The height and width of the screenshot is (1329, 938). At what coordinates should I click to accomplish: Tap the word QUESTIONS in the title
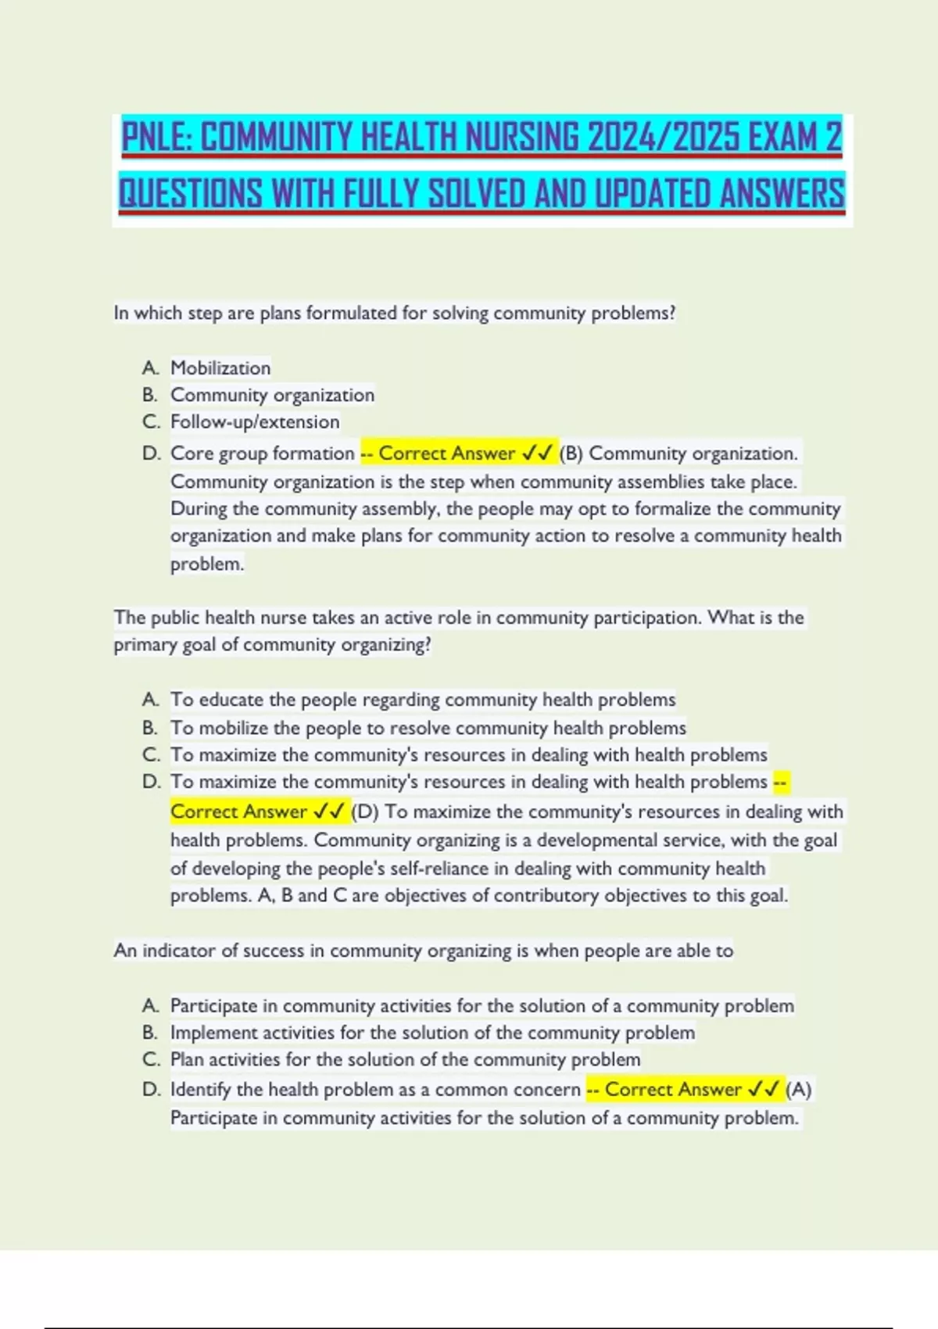190,193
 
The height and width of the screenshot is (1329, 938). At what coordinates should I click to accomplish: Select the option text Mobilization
220,367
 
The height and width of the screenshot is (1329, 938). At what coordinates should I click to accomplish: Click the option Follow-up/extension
255,422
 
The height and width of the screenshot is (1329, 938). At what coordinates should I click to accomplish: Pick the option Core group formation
262,453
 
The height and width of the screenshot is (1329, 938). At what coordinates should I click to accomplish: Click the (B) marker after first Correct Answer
571,453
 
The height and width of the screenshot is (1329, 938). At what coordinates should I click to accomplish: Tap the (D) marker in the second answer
365,811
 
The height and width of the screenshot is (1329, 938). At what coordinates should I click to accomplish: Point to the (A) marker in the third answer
798,1089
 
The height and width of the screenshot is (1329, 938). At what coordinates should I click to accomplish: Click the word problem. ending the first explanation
207,564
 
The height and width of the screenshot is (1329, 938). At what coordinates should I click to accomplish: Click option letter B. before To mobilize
150,728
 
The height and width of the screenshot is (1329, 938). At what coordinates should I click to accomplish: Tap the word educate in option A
231,700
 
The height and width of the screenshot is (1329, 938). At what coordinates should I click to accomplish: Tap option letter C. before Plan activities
151,1060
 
